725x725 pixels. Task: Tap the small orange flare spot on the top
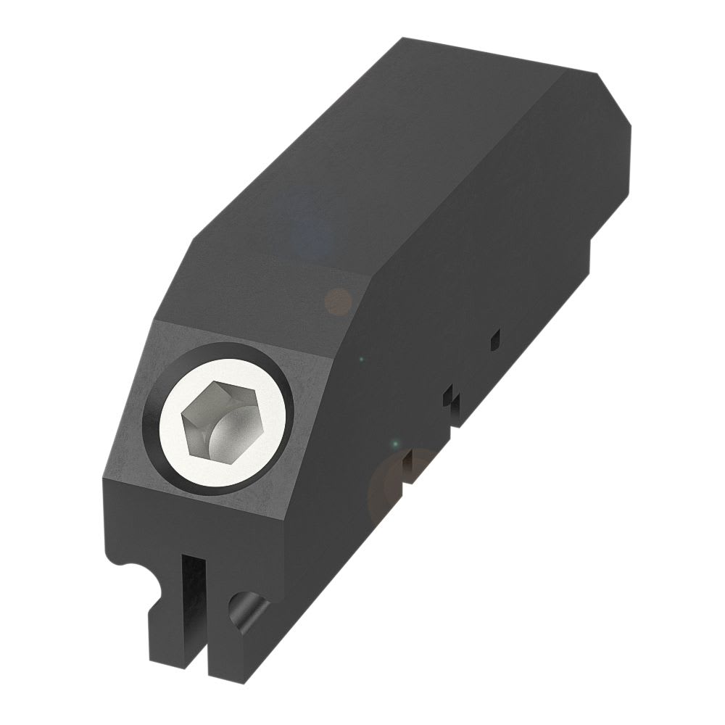point(338,301)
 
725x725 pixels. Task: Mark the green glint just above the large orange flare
point(395,443)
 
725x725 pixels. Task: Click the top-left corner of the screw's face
point(155,321)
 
